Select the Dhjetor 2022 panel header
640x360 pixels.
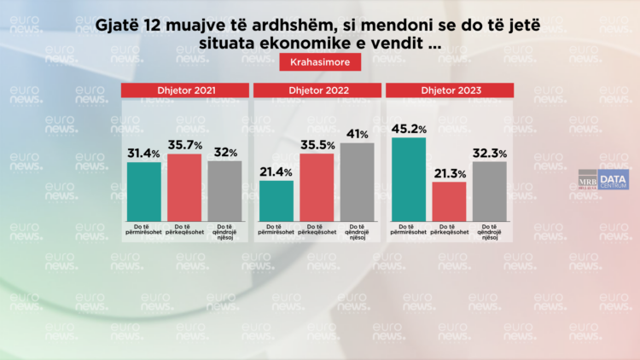[317, 90]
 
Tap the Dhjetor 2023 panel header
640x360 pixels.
[449, 90]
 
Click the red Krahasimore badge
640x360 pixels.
[314, 62]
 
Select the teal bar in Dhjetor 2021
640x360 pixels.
[143, 189]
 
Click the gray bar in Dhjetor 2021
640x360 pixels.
[224, 189]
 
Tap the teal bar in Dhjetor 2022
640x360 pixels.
[276, 199]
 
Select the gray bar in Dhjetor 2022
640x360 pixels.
[357, 180]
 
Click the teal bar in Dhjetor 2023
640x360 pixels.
[408, 176]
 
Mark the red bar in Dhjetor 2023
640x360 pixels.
[449, 200]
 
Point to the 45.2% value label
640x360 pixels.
[409, 130]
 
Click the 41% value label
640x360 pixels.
[357, 135]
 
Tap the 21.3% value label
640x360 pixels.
[449, 174]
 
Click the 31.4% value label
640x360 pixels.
[144, 154]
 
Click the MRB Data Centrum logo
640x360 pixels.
[602, 179]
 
